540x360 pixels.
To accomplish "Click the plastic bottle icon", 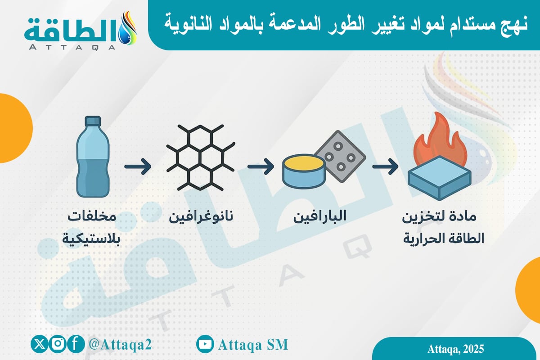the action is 93,157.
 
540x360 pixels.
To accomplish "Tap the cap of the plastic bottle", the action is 93,121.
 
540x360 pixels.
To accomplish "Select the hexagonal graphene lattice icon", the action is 200,157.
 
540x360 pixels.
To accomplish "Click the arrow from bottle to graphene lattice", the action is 138,166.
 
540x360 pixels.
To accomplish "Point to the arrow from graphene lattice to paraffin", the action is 261,166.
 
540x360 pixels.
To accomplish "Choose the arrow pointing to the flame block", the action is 385,166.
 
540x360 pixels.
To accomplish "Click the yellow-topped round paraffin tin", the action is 304,171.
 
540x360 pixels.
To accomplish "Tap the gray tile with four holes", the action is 340,156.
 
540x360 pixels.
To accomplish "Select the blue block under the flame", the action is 440,178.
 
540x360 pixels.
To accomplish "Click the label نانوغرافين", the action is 201,216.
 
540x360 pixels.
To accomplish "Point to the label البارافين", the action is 319,216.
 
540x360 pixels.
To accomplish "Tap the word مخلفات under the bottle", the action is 92,216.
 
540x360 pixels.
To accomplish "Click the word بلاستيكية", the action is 91,239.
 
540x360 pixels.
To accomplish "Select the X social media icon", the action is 40,344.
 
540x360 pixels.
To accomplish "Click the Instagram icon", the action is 58,344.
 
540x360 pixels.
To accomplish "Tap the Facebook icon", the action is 76,344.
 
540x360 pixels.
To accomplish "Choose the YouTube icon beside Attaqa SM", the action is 205,344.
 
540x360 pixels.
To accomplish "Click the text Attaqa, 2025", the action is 455,349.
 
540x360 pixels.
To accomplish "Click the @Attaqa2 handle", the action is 120,344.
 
